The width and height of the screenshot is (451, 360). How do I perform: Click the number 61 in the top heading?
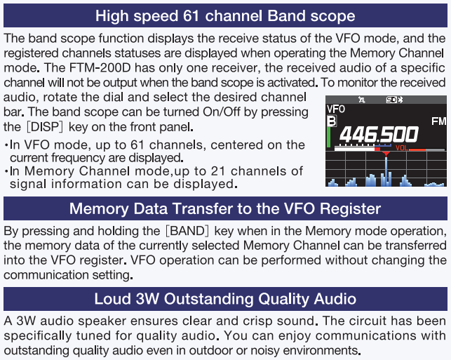tap(191, 15)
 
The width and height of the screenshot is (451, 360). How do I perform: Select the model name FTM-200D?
tap(100, 68)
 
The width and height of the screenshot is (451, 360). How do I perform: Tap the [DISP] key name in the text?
tap(45, 126)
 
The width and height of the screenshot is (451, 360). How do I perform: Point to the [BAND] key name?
tap(187, 231)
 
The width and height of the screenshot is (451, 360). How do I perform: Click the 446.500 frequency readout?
tap(379, 134)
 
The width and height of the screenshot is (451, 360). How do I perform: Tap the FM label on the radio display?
tap(438, 121)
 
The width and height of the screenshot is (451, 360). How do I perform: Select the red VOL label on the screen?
tap(401, 148)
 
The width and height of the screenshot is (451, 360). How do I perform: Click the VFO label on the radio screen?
tap(336, 109)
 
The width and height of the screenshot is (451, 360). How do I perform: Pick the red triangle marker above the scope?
tap(386, 154)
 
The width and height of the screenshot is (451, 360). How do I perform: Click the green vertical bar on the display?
tap(328, 138)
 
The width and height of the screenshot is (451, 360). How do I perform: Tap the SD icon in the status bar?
tap(391, 100)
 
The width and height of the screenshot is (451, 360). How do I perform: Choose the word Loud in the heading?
tap(112, 299)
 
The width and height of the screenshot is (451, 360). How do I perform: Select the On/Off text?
tap(221, 112)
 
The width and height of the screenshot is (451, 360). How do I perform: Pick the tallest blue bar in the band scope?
tap(386, 171)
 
